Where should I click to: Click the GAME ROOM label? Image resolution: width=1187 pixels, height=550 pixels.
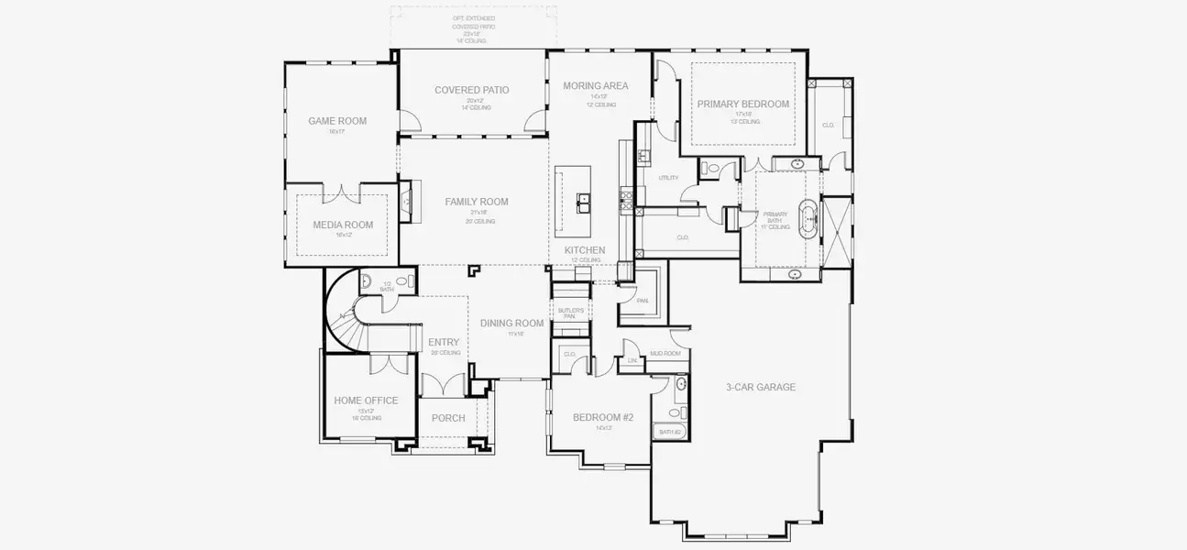[x=337, y=121]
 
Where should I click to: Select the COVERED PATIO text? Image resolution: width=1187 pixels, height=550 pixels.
[x=472, y=90]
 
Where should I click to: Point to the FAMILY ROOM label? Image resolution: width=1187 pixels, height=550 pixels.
[x=477, y=202]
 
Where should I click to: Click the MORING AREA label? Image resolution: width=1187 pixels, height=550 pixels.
[x=596, y=86]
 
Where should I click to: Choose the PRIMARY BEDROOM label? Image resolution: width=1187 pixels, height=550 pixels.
[x=742, y=104]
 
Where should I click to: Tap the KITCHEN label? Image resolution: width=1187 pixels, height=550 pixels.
[x=584, y=250]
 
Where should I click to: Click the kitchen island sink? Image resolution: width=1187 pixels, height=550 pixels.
[x=582, y=200]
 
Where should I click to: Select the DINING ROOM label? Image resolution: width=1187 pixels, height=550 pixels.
[x=511, y=323]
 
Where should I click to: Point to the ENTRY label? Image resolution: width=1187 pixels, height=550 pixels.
[x=444, y=343]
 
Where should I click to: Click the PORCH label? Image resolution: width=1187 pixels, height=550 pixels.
[x=448, y=418]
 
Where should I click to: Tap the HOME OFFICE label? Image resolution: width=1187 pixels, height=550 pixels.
[x=366, y=401]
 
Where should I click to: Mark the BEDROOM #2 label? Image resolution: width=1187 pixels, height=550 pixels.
[x=603, y=417]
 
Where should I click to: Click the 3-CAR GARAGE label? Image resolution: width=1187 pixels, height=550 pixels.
[x=760, y=387]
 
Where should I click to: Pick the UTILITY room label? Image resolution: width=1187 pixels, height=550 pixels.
[x=668, y=178]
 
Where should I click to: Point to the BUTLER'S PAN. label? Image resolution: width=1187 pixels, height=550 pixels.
[x=574, y=313]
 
